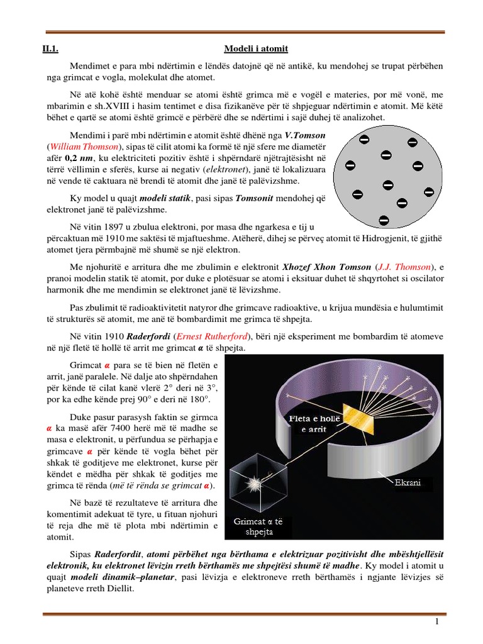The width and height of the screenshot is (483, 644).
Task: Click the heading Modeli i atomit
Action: [x=256, y=49]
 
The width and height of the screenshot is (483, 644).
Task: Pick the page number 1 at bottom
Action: [x=435, y=622]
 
